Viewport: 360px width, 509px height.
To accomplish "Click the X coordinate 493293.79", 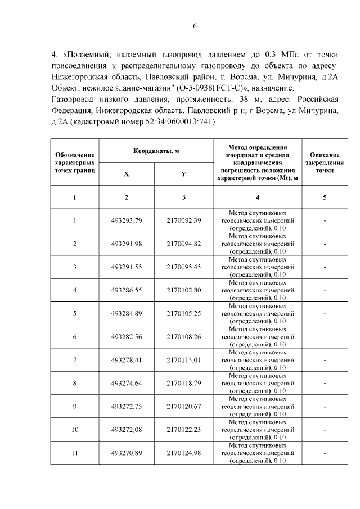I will tap(127, 220).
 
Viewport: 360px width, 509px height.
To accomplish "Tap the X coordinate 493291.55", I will tap(127, 267).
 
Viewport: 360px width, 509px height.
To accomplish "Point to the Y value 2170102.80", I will tap(184, 290).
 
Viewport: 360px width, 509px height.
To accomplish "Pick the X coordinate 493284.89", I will tap(127, 313).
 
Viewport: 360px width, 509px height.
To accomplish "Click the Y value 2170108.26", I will tap(184, 336).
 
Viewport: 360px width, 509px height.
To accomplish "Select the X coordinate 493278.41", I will tap(127, 359).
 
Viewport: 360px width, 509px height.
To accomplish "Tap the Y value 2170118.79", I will tap(184, 383).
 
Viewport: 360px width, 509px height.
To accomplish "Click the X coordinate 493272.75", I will tap(127, 406).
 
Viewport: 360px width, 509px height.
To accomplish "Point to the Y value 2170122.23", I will tap(184, 429).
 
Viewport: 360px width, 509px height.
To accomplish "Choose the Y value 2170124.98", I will tap(184, 453).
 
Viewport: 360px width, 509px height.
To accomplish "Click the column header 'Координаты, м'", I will tap(156, 151).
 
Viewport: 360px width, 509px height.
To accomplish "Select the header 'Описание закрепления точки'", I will tap(325, 161).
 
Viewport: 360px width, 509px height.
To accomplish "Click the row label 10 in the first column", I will tap(75, 429).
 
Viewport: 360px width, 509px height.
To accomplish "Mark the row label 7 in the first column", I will tap(75, 359).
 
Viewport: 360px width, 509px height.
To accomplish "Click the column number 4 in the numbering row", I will tap(258, 197).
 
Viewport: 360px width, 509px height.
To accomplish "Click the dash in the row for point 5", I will tap(325, 313).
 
